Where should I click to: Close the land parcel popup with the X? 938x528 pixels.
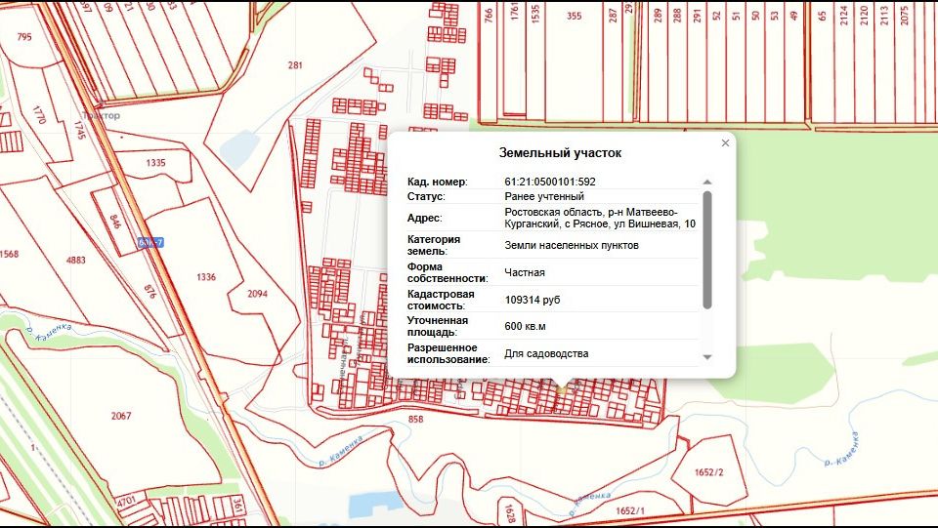point(725,143)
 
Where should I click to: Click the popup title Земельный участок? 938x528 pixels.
point(560,153)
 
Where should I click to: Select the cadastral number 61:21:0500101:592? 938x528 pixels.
point(550,182)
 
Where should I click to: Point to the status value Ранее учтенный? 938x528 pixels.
point(544,197)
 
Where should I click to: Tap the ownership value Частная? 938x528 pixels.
point(525,272)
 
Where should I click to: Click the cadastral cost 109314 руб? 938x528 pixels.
point(533,300)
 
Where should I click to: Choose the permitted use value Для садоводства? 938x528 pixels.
point(546,353)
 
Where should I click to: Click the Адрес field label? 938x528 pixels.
point(424,219)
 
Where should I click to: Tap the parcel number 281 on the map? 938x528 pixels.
point(295,65)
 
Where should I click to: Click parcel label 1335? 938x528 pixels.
point(155,163)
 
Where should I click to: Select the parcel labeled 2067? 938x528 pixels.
point(120,416)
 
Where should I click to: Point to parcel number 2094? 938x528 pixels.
point(258,294)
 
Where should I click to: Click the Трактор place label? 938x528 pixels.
point(100,116)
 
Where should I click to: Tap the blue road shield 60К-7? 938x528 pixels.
point(149,242)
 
